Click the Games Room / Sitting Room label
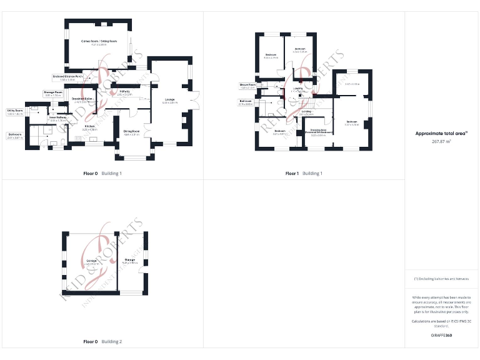99,42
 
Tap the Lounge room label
169,100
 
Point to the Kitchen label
90,126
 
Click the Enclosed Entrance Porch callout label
67,77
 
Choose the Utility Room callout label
14,111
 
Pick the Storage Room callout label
53,92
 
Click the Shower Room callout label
247,85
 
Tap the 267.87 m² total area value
442,141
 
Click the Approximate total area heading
441,133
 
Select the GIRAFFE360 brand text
441,336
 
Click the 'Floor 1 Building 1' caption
304,173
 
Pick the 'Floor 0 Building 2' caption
102,342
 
